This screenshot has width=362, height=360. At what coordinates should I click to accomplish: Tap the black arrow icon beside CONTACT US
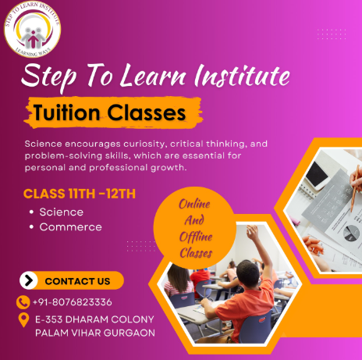tap(29, 280)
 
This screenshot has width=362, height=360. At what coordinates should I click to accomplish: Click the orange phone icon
tap(23, 302)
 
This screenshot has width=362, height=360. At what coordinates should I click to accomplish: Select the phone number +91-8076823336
tap(73, 302)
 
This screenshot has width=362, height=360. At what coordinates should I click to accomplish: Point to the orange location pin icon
tap(23, 320)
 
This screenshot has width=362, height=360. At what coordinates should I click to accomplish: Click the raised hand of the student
tap(252, 231)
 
